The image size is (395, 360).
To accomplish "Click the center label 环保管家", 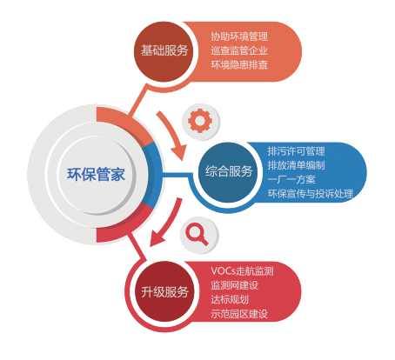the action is coord(96,174).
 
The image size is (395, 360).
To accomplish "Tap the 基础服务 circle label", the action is coord(164,50).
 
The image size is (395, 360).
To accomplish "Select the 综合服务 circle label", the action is coord(229,171).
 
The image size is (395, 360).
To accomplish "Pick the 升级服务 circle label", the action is coord(164,291).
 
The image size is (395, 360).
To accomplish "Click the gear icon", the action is coord(200,121).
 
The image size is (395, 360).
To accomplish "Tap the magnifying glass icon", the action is coord(197,234).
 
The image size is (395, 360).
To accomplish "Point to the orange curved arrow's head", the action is coord(178,153).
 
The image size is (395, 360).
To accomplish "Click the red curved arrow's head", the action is coord(157,238).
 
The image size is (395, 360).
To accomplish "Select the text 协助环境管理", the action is coord(239,37).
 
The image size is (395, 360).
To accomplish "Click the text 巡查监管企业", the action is coord(239,50).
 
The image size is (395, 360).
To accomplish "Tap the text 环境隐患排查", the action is coord(239,64).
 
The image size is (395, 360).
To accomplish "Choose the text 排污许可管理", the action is coord(296,151).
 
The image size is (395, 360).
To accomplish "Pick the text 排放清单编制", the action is coord(296,165).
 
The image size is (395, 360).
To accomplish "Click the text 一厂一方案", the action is coord(291,179).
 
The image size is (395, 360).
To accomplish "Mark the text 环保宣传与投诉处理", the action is coord(310,194).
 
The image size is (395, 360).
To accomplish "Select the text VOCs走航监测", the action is coord(242,271).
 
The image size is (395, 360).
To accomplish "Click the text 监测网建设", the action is coord(234,285).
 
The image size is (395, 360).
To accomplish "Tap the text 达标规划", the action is coord(230,299).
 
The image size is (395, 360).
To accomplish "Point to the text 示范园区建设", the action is coord(239,314).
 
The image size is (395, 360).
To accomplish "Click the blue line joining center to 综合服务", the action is coord(177,175).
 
